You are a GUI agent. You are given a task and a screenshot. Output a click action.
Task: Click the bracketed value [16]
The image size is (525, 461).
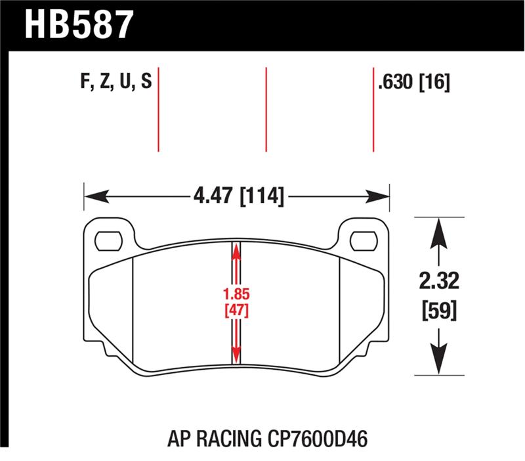tap(434, 83)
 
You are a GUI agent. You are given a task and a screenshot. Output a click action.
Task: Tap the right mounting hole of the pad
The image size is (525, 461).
tap(363, 240)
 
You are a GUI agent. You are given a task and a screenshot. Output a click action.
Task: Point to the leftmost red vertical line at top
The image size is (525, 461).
tap(159, 108)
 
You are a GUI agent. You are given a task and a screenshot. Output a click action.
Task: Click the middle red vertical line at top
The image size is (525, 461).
tap(266, 108)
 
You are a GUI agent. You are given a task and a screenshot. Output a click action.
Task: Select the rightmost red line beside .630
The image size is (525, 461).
tap(373, 108)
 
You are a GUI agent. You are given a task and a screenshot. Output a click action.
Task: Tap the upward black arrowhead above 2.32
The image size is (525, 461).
tap(438, 230)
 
